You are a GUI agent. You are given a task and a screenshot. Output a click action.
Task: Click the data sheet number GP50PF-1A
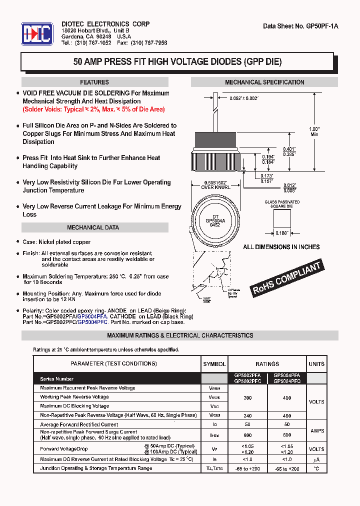pos(300,26)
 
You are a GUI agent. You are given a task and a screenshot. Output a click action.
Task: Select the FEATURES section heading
pos(94,82)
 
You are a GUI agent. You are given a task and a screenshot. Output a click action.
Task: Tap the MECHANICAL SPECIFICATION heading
pos(264,82)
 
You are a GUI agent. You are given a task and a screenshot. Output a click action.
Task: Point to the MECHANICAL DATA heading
pos(93,227)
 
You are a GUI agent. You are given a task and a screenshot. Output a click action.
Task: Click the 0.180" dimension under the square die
pos(282,233)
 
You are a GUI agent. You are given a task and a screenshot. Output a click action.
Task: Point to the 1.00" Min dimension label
pos(314,131)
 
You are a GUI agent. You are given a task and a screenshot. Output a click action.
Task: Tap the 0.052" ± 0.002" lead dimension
pos(243,98)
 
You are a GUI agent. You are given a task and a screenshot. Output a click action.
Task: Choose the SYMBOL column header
pos(214,364)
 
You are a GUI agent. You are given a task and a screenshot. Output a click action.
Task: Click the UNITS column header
pos(316,364)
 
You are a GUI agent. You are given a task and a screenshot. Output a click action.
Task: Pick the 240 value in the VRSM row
pos(247,415)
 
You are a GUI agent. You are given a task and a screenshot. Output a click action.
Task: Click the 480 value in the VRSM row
pos(287,415)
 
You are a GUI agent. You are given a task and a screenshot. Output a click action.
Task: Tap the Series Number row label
pos(57,379)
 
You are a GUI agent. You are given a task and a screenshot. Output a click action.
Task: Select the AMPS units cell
pos(316,430)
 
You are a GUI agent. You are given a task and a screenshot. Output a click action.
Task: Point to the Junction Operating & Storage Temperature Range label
pos(96,468)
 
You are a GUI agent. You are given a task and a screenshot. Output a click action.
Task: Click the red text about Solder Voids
pos(93,109)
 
